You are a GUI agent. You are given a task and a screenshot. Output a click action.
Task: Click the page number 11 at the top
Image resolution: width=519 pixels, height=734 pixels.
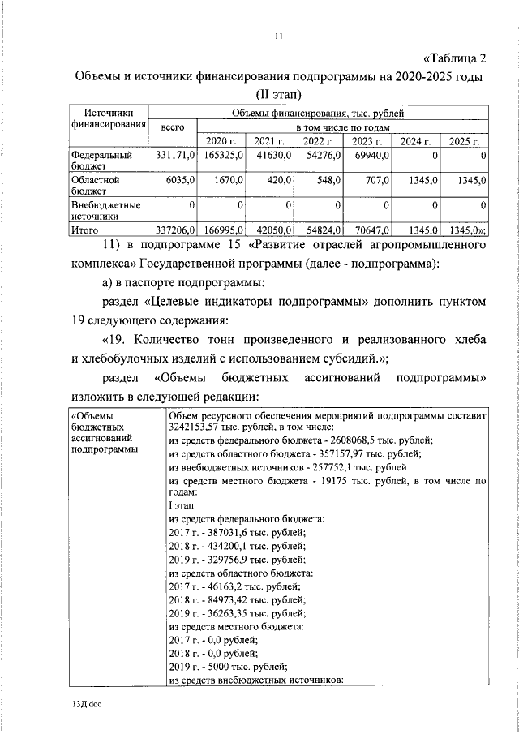[x=278, y=36]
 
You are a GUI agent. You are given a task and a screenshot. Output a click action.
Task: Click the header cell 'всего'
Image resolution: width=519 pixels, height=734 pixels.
[x=172, y=127]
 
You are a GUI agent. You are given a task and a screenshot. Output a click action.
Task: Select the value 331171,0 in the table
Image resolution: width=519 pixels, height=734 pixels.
[x=171, y=154]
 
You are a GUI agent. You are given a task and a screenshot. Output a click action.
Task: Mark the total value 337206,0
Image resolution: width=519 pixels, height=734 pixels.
[x=171, y=230]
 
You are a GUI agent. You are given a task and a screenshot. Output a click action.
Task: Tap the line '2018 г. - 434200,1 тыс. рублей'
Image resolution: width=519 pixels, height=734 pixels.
[x=237, y=546]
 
